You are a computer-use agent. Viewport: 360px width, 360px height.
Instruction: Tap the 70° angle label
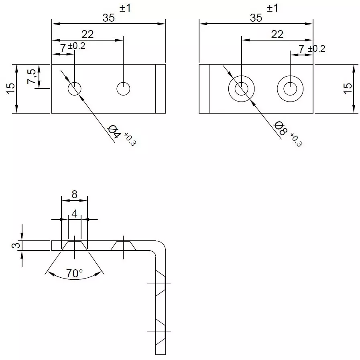coord(74,274)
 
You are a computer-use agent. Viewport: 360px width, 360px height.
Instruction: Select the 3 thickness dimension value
coord(14,245)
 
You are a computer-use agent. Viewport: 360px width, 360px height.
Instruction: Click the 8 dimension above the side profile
coord(74,194)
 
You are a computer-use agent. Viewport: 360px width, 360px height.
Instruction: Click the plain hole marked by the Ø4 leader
coord(75,89)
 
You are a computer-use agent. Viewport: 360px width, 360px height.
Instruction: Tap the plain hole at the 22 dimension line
coord(123,89)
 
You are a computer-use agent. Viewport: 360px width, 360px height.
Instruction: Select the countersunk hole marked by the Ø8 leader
coord(241,89)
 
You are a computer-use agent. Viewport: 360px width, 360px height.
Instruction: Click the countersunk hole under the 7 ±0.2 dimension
coord(290,89)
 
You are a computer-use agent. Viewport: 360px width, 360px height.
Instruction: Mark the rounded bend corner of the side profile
coord(159,246)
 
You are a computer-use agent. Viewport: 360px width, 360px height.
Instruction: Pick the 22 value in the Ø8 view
coord(277,35)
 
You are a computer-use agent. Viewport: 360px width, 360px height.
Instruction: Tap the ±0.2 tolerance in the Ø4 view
coord(77,46)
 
